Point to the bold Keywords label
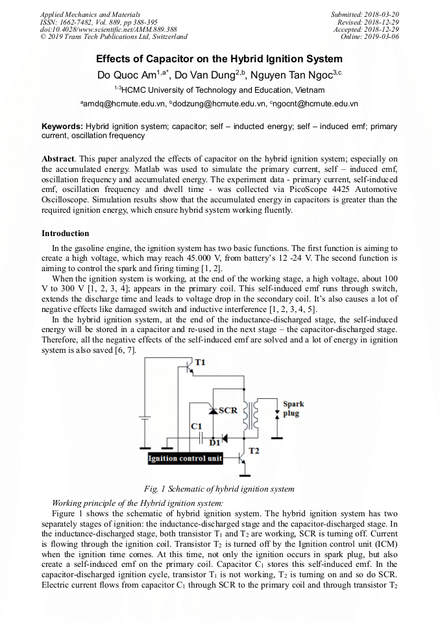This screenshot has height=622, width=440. pos(62,126)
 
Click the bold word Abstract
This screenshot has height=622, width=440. pos(58,159)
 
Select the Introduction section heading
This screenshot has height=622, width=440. pos(66,233)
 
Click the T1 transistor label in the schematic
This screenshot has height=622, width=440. pos(200,362)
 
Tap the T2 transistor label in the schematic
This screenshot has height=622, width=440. pos(254,450)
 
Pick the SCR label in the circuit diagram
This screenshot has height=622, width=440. pos(228,410)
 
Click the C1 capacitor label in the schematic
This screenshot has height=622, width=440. pos(197,426)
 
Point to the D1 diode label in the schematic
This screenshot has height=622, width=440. pos(215,443)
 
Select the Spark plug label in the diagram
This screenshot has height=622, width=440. pos(293,408)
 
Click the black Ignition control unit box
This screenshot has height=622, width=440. pos(186,459)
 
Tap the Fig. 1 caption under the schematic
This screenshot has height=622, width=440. pos(219,488)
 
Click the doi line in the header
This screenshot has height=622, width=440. pos(108,29)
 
